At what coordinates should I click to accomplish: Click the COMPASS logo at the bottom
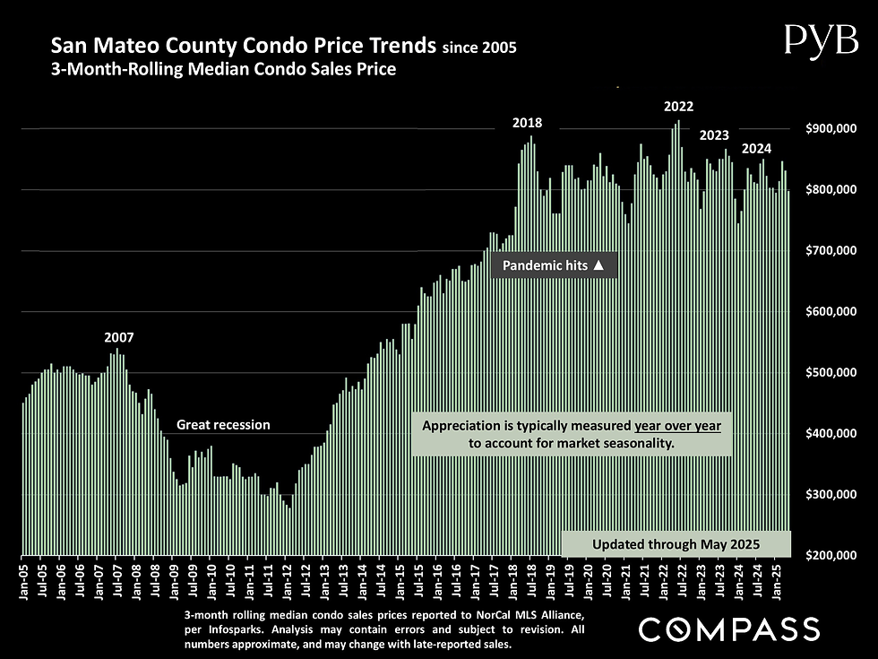point(728,629)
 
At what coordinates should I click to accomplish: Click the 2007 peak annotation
point(118,338)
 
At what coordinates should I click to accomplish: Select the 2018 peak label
point(527,124)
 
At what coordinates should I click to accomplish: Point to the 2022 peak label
point(678,107)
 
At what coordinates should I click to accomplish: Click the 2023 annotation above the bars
point(713,135)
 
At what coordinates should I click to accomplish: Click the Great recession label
point(223,425)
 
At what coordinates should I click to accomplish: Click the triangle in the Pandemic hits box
point(599,266)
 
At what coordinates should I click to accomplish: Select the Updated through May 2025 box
point(676,544)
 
